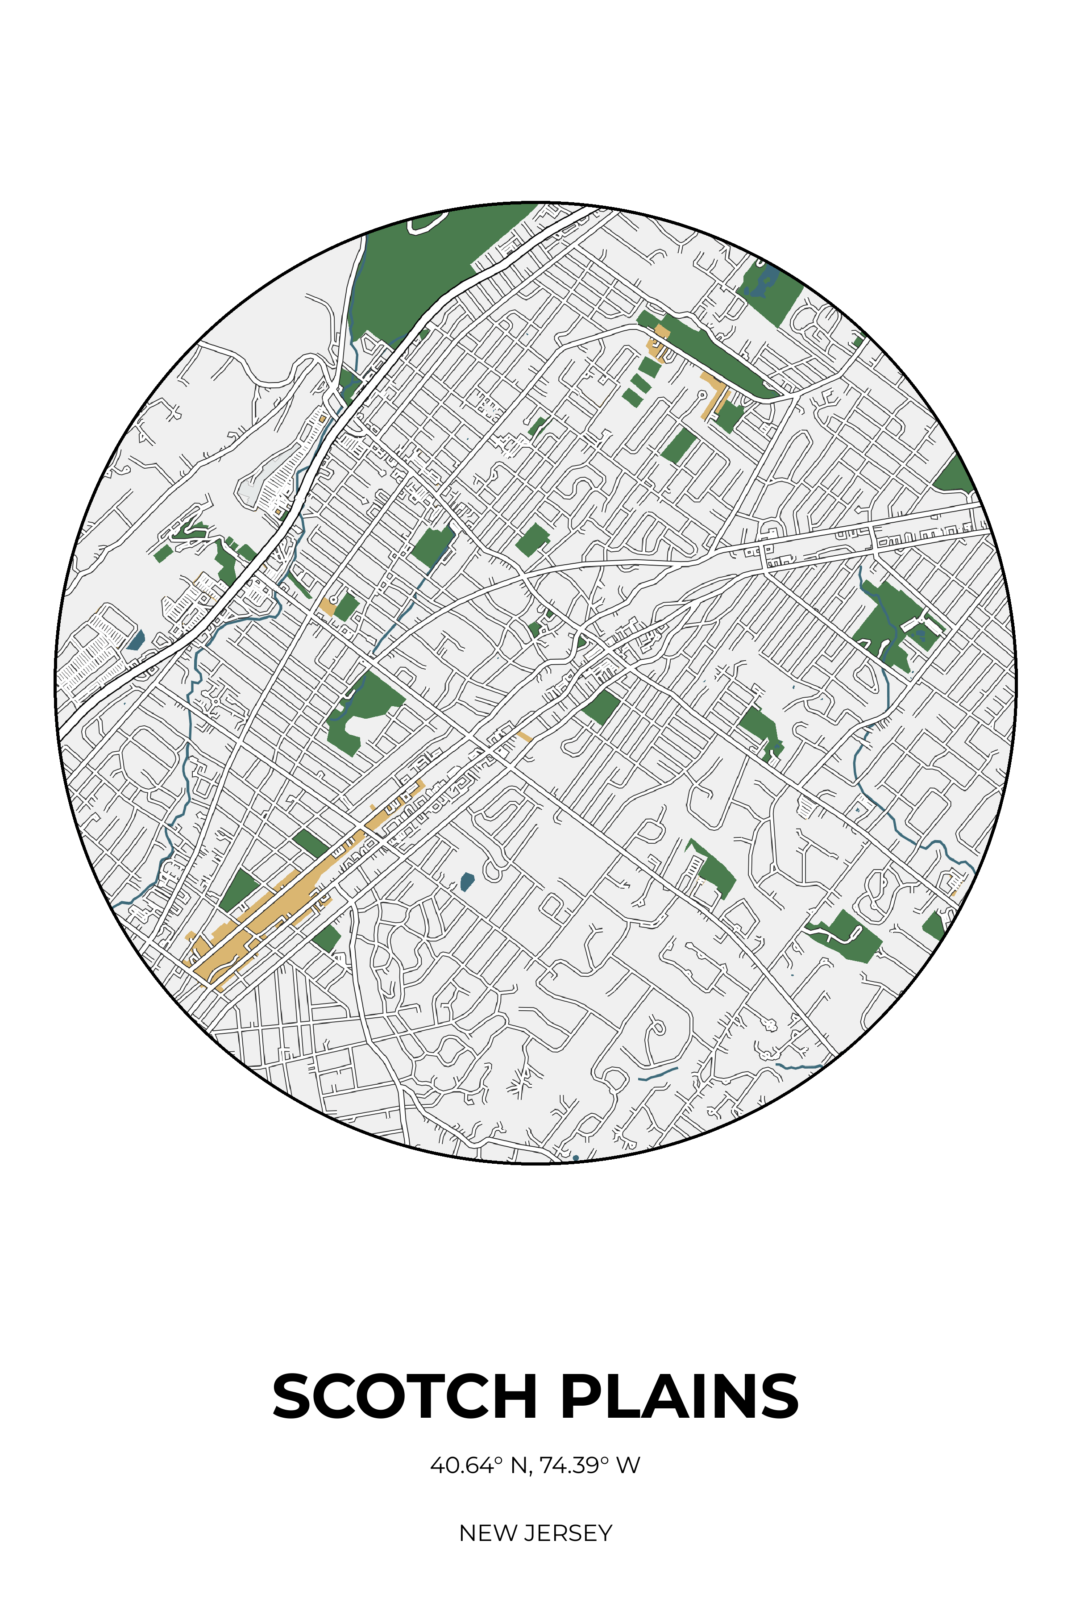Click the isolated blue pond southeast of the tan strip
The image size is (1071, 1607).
(467, 881)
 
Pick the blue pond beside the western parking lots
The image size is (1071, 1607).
(137, 640)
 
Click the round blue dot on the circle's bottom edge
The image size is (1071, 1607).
(576, 1158)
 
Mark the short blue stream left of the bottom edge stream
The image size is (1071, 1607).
(657, 1074)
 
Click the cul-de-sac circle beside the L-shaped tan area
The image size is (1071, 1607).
(702, 395)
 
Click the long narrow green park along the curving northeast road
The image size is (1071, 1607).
(717, 355)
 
